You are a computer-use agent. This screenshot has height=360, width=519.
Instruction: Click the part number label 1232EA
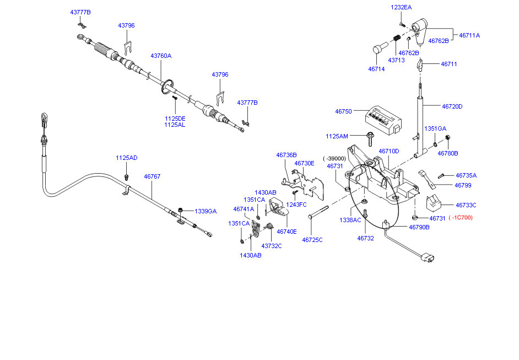(401, 7)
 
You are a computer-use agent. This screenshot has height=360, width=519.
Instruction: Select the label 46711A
(469, 35)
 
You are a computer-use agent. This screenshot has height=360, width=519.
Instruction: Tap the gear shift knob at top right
(422, 31)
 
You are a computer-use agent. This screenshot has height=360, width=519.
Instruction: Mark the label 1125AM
(337, 136)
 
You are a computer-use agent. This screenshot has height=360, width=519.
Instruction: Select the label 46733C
(466, 205)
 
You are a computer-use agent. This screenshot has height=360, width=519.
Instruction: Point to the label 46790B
(419, 227)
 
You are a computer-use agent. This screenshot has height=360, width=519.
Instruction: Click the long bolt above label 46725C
(318, 212)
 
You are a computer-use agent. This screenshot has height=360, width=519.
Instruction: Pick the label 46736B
(286, 155)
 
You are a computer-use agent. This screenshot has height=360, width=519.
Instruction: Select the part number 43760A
(161, 56)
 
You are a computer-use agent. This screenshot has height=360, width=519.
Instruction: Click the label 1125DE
(175, 118)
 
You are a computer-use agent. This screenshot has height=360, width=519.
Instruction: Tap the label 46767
(152, 176)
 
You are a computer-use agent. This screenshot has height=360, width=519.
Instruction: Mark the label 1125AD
(126, 158)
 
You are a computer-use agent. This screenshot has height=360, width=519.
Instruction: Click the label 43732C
(272, 246)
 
